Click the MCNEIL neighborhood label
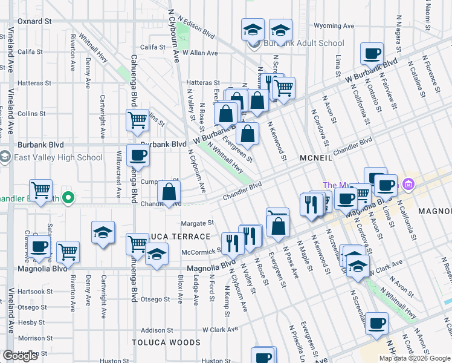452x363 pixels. [x=315, y=158]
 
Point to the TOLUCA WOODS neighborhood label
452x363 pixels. [x=166, y=342]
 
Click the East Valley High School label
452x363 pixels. [x=60, y=158]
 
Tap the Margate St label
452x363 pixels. [x=198, y=223]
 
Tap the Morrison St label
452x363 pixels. [x=36, y=338]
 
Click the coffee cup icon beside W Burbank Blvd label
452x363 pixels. [x=372, y=53]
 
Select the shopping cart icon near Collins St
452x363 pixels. [x=138, y=120]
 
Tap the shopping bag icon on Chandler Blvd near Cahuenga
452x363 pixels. [x=170, y=192]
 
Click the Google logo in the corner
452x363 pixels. [x=19, y=356]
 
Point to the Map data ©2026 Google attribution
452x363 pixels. [x=414, y=358]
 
